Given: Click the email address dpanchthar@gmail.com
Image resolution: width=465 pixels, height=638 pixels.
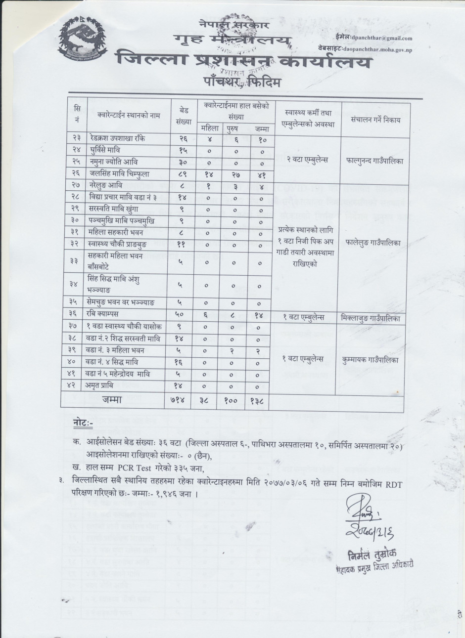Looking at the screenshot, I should coord(380,38).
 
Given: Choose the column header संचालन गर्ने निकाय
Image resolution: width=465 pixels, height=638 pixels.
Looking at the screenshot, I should coord(375,119).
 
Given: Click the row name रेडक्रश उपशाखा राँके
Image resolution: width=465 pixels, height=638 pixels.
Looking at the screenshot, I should coord(121,138).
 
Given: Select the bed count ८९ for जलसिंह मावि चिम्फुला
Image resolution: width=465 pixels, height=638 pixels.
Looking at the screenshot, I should coord(180,173).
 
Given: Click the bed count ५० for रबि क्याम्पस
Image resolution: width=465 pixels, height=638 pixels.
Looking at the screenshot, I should coord(180,314).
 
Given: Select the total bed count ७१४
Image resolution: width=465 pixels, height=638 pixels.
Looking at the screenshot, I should coord(180,400).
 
